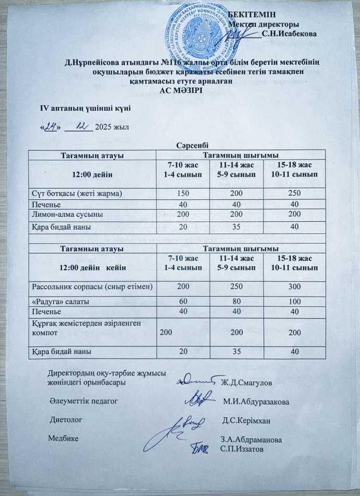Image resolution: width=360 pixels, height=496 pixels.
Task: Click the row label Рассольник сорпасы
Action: point(92,287)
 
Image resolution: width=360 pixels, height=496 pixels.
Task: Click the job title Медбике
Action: point(64,438)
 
